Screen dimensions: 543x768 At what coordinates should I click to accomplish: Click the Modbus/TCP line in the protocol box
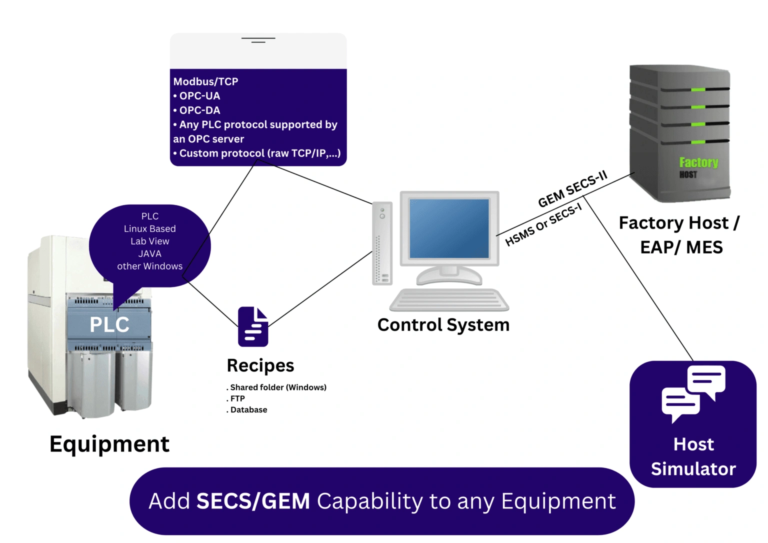[x=205, y=81]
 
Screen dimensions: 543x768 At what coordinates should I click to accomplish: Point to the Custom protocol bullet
[x=259, y=153]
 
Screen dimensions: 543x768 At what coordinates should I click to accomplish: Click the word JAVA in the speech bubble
[x=149, y=254]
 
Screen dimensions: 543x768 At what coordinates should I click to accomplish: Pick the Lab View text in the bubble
[x=149, y=241]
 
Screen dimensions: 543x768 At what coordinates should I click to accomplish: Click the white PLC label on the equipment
[x=109, y=325]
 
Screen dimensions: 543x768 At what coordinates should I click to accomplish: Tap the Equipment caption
[x=109, y=444]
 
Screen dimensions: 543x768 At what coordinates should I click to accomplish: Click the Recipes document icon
[x=253, y=327]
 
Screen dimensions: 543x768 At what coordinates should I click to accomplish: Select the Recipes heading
[x=260, y=365]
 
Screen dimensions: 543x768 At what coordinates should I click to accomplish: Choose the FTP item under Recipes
[x=237, y=399]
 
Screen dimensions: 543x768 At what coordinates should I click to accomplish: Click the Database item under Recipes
[x=248, y=410]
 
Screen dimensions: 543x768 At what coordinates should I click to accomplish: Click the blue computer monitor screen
[x=449, y=228]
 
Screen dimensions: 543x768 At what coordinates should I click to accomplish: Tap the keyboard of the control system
[x=449, y=300]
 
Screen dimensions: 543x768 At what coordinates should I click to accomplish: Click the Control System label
[x=443, y=325]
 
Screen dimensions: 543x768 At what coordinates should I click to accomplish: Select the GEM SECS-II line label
[x=572, y=189]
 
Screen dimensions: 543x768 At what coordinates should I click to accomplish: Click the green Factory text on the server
[x=698, y=162]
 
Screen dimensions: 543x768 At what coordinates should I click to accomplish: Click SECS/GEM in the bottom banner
[x=253, y=501]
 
